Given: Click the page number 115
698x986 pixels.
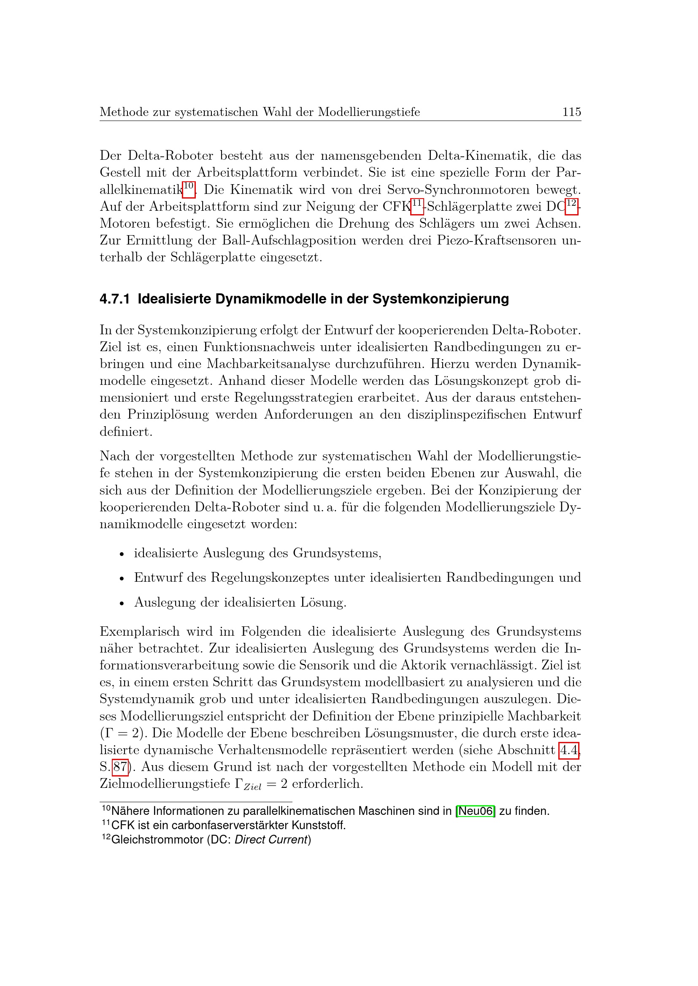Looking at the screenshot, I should point(572,112).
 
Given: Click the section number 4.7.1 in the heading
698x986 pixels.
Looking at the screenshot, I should point(114,299).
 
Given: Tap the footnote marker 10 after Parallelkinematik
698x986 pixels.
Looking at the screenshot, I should point(189,187).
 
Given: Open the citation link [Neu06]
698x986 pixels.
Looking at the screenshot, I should point(475,811).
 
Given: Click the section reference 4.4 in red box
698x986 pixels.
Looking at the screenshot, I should point(568,750).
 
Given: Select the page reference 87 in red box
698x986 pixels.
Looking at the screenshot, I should point(120,767).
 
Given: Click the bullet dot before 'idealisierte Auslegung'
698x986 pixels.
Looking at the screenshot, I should point(122,554).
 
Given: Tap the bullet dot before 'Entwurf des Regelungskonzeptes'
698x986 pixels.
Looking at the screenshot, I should point(122,579).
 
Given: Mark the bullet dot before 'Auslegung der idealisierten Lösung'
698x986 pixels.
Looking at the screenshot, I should point(122,604).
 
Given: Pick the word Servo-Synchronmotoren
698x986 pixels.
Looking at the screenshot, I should point(458,190).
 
